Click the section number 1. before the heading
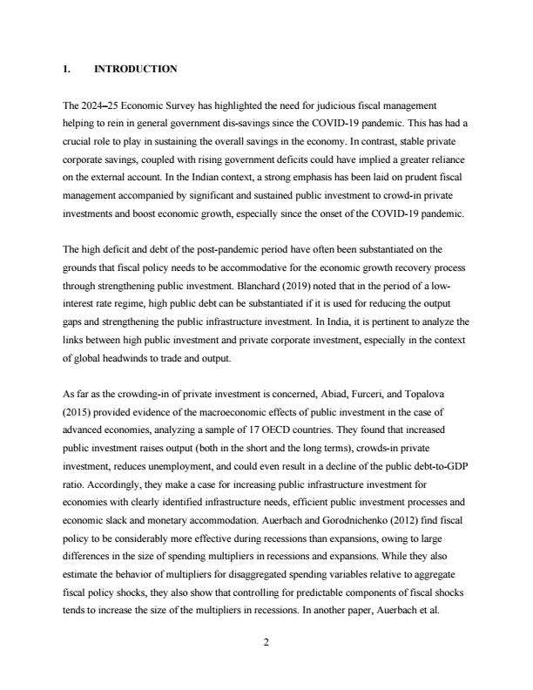pyautogui.click(x=67, y=69)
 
